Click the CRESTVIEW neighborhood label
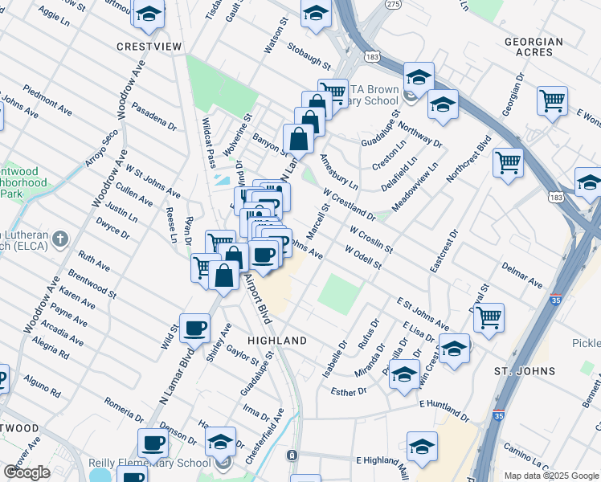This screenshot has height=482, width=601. [x=149, y=47]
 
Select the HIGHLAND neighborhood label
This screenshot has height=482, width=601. [x=277, y=341]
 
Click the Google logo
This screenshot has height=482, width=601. [x=27, y=472]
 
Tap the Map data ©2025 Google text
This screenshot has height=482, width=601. [x=550, y=476]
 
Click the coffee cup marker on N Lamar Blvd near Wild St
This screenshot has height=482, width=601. [x=195, y=328]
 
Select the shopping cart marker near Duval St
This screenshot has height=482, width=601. [x=489, y=318]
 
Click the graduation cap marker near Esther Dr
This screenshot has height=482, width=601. [x=404, y=374]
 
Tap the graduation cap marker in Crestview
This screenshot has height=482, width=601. [x=149, y=13]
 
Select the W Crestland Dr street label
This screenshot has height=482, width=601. [x=350, y=205]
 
